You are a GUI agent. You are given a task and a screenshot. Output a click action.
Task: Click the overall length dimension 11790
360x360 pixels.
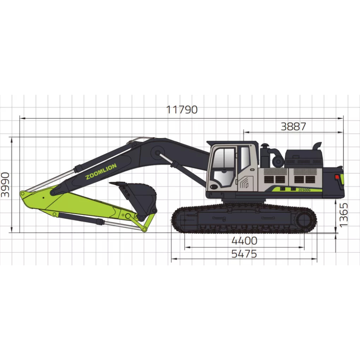182,110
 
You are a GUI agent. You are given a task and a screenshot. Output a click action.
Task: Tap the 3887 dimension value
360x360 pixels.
293,126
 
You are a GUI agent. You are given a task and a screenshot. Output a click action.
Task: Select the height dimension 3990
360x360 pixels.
5,185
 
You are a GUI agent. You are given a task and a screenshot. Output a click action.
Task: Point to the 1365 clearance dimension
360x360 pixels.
343,215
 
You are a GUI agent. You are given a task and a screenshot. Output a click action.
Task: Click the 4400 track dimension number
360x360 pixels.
244,241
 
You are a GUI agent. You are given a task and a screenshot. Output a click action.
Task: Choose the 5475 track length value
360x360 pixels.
244,254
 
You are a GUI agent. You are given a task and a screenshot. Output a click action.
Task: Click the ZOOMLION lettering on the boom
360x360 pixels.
101,171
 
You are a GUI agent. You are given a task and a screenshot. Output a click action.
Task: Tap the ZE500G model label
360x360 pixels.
304,190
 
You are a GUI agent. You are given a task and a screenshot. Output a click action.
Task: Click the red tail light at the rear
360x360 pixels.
337,177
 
